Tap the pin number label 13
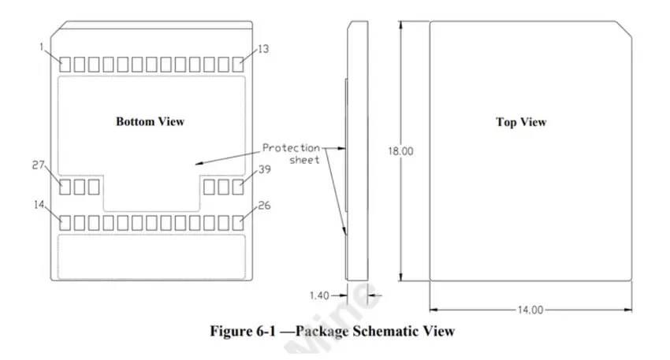point(263,49)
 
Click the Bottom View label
point(150,121)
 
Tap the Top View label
point(520,122)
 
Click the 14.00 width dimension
point(530,310)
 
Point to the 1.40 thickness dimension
point(318,295)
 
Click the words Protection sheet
point(292,154)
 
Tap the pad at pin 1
point(66,64)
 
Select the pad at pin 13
point(238,64)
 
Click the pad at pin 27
point(66,187)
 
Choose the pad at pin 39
point(238,187)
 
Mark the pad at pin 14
point(66,223)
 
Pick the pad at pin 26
point(238,223)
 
